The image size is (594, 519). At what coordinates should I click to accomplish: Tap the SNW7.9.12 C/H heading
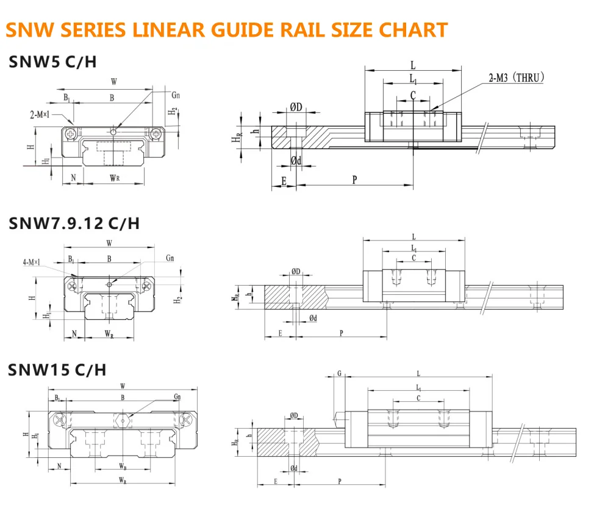point(74,223)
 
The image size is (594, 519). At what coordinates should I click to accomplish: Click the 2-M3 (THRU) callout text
point(515,78)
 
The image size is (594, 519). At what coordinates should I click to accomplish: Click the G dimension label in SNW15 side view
point(339,374)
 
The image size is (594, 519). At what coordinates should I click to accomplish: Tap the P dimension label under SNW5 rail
point(354,179)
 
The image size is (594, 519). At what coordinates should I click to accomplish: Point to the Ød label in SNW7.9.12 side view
point(313,318)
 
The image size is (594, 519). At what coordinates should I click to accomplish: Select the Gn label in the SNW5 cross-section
point(176,96)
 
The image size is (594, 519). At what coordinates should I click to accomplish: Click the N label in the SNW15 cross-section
point(59,466)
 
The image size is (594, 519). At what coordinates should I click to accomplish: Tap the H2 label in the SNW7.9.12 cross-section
point(178,300)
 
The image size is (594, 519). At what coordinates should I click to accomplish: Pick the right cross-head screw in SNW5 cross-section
point(157,132)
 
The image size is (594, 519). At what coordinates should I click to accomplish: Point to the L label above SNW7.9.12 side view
point(413,237)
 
